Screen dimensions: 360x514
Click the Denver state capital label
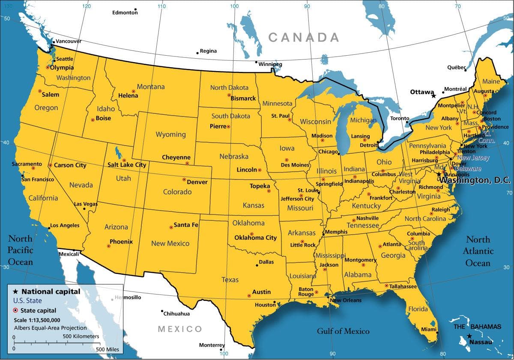click(197, 182)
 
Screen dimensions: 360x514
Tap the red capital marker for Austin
click(249, 296)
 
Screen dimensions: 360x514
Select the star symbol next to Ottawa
click(433, 95)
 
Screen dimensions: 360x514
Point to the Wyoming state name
click(170, 134)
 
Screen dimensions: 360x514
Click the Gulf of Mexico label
click(343, 331)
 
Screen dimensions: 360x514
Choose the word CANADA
click(304, 38)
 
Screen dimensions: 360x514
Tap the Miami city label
click(428, 329)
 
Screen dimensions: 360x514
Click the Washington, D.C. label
click(475, 181)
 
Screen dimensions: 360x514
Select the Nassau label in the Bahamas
click(481, 342)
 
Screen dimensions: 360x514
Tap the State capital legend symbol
click(15, 310)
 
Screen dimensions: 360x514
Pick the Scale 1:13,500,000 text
click(37, 320)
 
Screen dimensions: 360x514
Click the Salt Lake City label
click(127, 165)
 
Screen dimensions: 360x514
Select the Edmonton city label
click(125, 12)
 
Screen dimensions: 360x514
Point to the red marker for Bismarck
click(228, 96)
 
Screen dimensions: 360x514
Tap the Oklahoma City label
click(255, 238)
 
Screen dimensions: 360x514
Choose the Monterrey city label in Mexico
click(212, 345)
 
